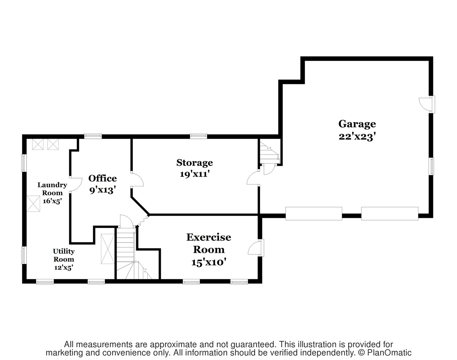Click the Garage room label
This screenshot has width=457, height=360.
357,124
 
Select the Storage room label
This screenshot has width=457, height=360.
195,163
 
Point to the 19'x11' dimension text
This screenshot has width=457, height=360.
195,174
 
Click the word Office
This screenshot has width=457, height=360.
103,178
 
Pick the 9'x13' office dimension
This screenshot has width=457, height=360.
103,190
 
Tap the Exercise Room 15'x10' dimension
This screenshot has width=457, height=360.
208,262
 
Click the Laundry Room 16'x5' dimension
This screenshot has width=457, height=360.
52,201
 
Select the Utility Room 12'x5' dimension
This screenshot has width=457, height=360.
64,267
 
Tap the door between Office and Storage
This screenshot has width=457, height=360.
137,180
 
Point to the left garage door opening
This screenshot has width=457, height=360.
314,213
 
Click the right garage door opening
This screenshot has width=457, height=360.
390,213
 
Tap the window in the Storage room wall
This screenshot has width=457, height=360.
198,136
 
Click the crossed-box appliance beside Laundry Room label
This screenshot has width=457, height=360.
33,204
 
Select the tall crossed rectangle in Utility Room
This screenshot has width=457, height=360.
108,249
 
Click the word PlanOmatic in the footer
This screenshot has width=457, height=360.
389,353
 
